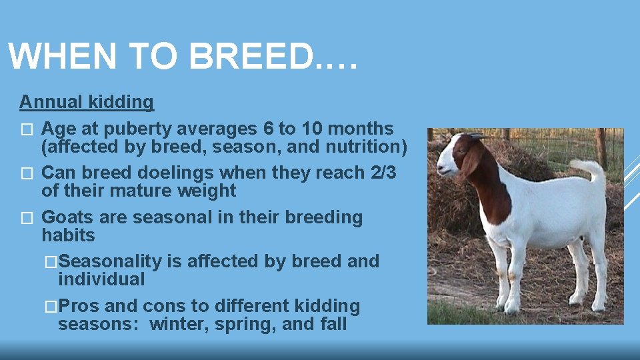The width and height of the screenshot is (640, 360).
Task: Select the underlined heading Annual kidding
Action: tap(86, 102)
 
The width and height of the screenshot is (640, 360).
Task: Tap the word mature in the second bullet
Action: tap(147, 191)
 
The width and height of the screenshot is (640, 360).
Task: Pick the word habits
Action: tap(68, 235)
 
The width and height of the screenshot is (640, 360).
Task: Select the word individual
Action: tap(101, 279)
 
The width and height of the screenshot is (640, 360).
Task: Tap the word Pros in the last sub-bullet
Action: tap(79, 307)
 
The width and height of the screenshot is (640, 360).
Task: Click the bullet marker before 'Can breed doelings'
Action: tap(26, 173)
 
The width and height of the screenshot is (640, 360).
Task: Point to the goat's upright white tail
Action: tap(593, 171)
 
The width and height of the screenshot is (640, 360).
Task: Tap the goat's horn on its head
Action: tap(475, 135)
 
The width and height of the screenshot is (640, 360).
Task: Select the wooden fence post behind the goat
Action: tap(601, 147)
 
